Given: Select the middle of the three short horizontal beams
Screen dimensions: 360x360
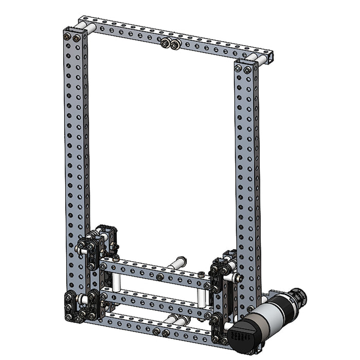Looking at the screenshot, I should [x=154, y=302].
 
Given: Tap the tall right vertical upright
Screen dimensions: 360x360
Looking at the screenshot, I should [x=247, y=170].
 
